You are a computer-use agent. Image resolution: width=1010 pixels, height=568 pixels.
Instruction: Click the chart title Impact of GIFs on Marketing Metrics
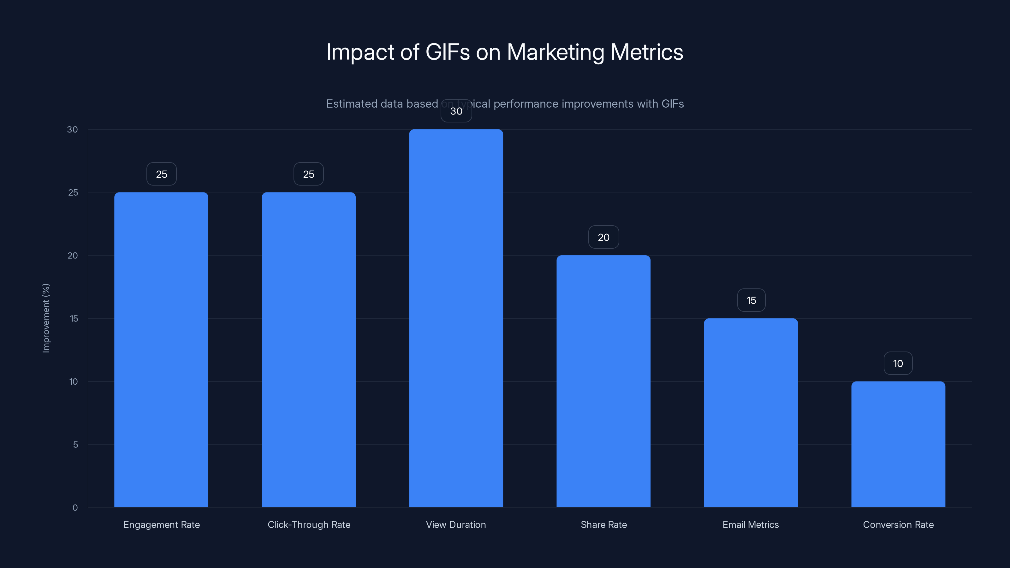coord(505,52)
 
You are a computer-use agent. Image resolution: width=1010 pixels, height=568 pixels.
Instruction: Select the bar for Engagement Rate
coord(161,349)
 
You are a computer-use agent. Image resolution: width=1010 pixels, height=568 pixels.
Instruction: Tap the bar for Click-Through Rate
coord(309,349)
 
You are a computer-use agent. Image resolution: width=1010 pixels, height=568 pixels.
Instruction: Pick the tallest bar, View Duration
coord(456,318)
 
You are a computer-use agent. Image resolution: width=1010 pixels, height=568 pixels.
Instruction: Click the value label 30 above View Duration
coord(456,111)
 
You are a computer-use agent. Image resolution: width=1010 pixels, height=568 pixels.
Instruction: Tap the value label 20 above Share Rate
coord(603,237)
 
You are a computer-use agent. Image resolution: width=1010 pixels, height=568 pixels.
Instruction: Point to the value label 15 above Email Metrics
coord(751,300)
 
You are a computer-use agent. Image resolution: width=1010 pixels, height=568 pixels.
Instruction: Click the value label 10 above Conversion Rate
coord(898,364)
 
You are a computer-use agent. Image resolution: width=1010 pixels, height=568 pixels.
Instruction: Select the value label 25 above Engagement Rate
coord(162,174)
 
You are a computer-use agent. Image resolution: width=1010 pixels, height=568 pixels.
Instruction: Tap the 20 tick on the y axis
coord(73,256)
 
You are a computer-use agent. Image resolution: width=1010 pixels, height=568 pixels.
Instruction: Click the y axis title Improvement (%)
coord(46,318)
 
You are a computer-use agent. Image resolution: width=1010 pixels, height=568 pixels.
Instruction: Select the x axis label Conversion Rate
coord(898,524)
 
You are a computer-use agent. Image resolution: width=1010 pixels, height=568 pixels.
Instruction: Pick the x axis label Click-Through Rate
coord(309,524)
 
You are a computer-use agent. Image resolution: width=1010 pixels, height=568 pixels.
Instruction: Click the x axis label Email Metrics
coord(751,524)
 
